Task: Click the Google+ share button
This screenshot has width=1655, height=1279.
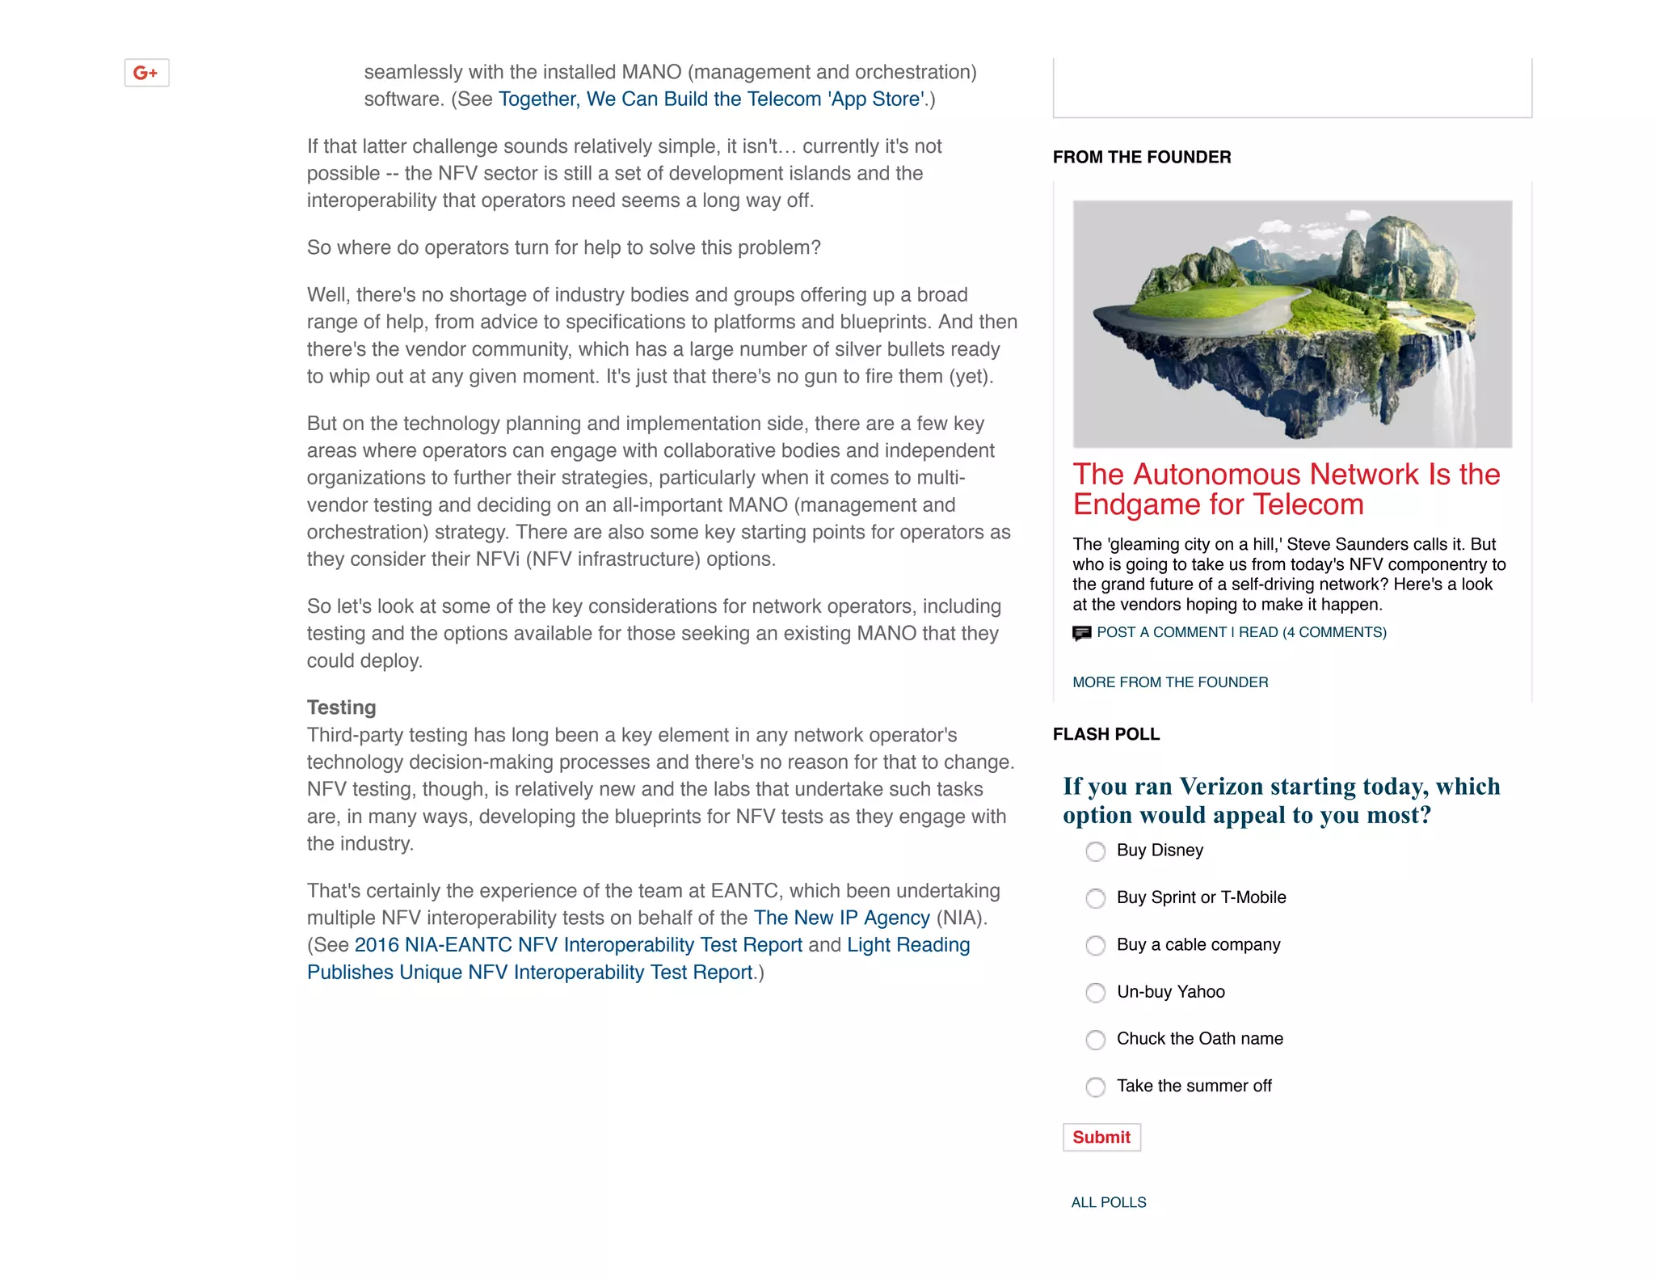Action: [146, 73]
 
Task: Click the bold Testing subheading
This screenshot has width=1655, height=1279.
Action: [341, 707]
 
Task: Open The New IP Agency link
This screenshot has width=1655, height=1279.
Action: [841, 918]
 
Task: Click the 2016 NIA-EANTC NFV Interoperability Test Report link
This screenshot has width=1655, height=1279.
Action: [578, 945]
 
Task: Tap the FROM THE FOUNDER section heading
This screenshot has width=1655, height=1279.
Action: [1141, 157]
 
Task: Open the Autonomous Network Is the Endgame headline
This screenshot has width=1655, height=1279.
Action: [1286, 489]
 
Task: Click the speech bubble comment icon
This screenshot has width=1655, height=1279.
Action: [1081, 633]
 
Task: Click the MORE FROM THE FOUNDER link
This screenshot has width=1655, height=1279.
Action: [1169, 682]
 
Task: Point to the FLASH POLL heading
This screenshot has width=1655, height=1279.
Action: [1105, 734]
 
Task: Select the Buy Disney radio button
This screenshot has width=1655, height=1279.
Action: [1095, 851]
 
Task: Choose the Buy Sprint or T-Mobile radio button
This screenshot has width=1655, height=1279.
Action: [1095, 898]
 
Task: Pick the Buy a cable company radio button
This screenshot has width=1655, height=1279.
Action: [1095, 945]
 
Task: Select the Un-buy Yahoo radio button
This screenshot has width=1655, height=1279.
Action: [1095, 993]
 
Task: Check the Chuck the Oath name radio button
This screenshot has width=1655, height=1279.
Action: [1095, 1040]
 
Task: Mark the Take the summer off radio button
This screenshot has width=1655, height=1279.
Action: [1095, 1087]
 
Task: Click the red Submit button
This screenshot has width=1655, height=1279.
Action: [1101, 1138]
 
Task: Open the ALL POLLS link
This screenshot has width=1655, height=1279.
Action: [1108, 1202]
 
